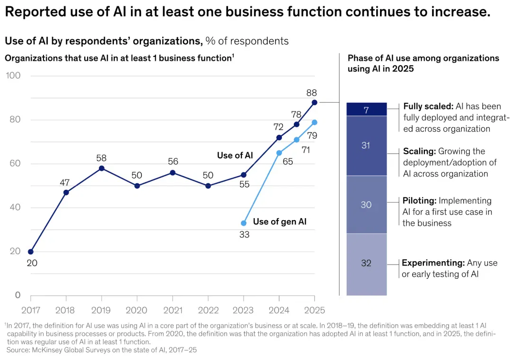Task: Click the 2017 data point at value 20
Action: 31,252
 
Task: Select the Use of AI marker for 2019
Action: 102,169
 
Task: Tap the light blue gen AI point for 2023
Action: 244,223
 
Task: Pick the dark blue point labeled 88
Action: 315,102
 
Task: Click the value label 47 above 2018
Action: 64,183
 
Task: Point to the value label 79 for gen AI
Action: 312,135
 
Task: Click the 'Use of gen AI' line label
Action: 280,222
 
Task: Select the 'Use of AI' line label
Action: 235,155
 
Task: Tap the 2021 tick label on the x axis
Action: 173,310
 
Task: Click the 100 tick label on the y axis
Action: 13,75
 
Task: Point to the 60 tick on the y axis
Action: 15,163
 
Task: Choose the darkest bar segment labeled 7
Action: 367,109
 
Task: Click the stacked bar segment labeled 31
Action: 367,146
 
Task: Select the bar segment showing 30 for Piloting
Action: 367,205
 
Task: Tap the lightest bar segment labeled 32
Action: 367,265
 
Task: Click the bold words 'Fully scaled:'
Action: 428,107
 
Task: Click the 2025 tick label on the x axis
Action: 315,310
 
